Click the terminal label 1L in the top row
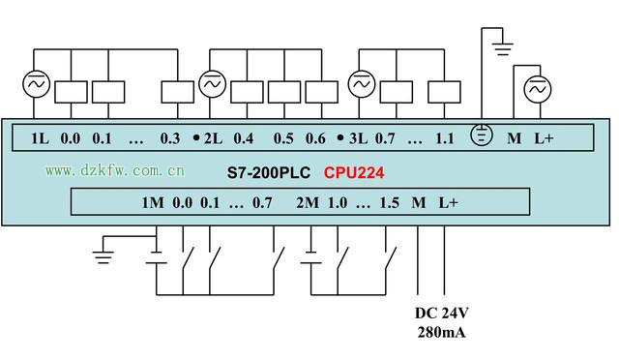pyautogui.click(x=39, y=138)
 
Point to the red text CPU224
pyautogui.click(x=354, y=174)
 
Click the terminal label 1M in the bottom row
pyautogui.click(x=153, y=203)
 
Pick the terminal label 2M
pyautogui.click(x=308, y=203)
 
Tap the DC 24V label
pyautogui.click(x=442, y=314)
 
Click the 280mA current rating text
pyautogui.click(x=442, y=332)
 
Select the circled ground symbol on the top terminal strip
pyautogui.click(x=481, y=136)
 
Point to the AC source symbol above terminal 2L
pyautogui.click(x=212, y=85)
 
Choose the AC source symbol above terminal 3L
pyautogui.click(x=360, y=85)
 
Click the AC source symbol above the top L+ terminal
pyautogui.click(x=537, y=90)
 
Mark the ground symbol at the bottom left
pyautogui.click(x=103, y=256)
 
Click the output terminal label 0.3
pyautogui.click(x=170, y=138)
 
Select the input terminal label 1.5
pyautogui.click(x=390, y=203)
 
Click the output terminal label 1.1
pyautogui.click(x=444, y=138)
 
